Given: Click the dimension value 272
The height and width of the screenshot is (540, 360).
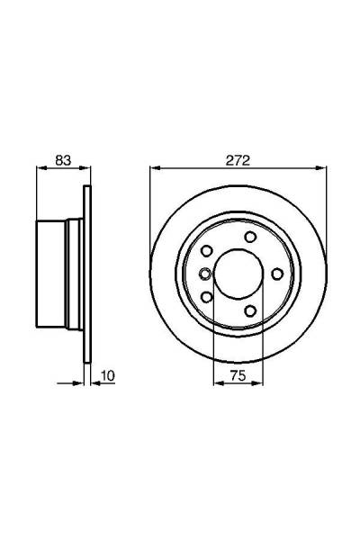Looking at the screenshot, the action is pyautogui.click(x=238, y=160).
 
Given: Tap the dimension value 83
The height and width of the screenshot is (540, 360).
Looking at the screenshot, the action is pyautogui.click(x=63, y=160).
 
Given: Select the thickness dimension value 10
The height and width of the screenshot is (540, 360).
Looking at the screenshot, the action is pyautogui.click(x=108, y=375).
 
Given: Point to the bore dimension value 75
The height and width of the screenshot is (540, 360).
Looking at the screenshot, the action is pyautogui.click(x=238, y=375).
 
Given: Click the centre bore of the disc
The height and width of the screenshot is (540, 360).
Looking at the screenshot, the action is pyautogui.click(x=238, y=274).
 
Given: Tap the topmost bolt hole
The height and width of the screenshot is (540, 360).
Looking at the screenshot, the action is pyautogui.click(x=250, y=237).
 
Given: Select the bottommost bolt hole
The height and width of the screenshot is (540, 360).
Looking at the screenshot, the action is pyautogui.click(x=250, y=310).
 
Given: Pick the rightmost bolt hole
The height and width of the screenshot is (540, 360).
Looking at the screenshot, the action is pyautogui.click(x=277, y=274).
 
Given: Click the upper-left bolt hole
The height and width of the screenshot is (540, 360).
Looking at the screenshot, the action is pyautogui.click(x=207, y=251).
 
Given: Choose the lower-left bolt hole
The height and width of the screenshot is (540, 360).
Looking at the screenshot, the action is pyautogui.click(x=207, y=297).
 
